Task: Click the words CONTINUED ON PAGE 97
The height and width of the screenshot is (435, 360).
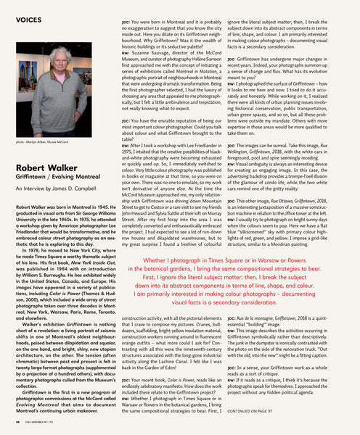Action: pyautogui.click(x=258, y=411)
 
